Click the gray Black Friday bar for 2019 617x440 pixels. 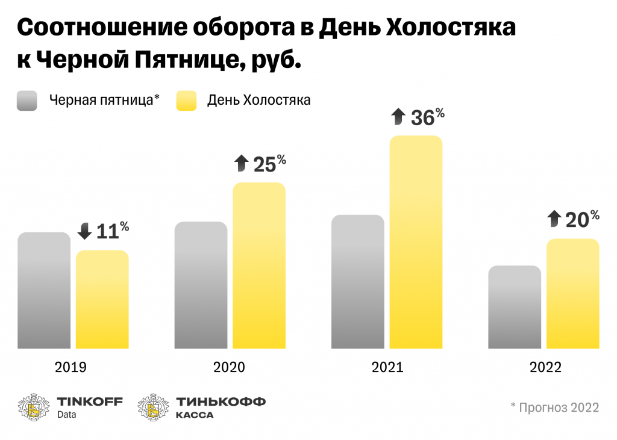click(x=44, y=290)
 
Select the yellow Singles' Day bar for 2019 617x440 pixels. click(x=102, y=299)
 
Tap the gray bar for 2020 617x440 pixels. click(x=201, y=285)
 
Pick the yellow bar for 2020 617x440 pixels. click(x=259, y=265)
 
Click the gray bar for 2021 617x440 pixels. click(x=358, y=281)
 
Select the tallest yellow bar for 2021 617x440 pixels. click(x=416, y=242)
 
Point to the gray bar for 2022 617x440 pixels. click(x=515, y=307)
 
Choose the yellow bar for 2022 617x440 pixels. click(x=573, y=294)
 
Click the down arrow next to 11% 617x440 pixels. click(x=85, y=231)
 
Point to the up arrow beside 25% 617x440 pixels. click(x=241, y=163)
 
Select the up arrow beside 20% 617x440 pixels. click(x=554, y=218)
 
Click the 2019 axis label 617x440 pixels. click(x=70, y=367)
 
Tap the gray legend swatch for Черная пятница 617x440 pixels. click(x=28, y=101)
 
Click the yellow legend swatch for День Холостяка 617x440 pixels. click(x=186, y=101)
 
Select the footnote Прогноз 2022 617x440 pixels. click(x=554, y=407)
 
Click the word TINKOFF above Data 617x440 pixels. click(x=89, y=401)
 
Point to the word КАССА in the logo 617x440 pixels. click(x=194, y=415)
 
